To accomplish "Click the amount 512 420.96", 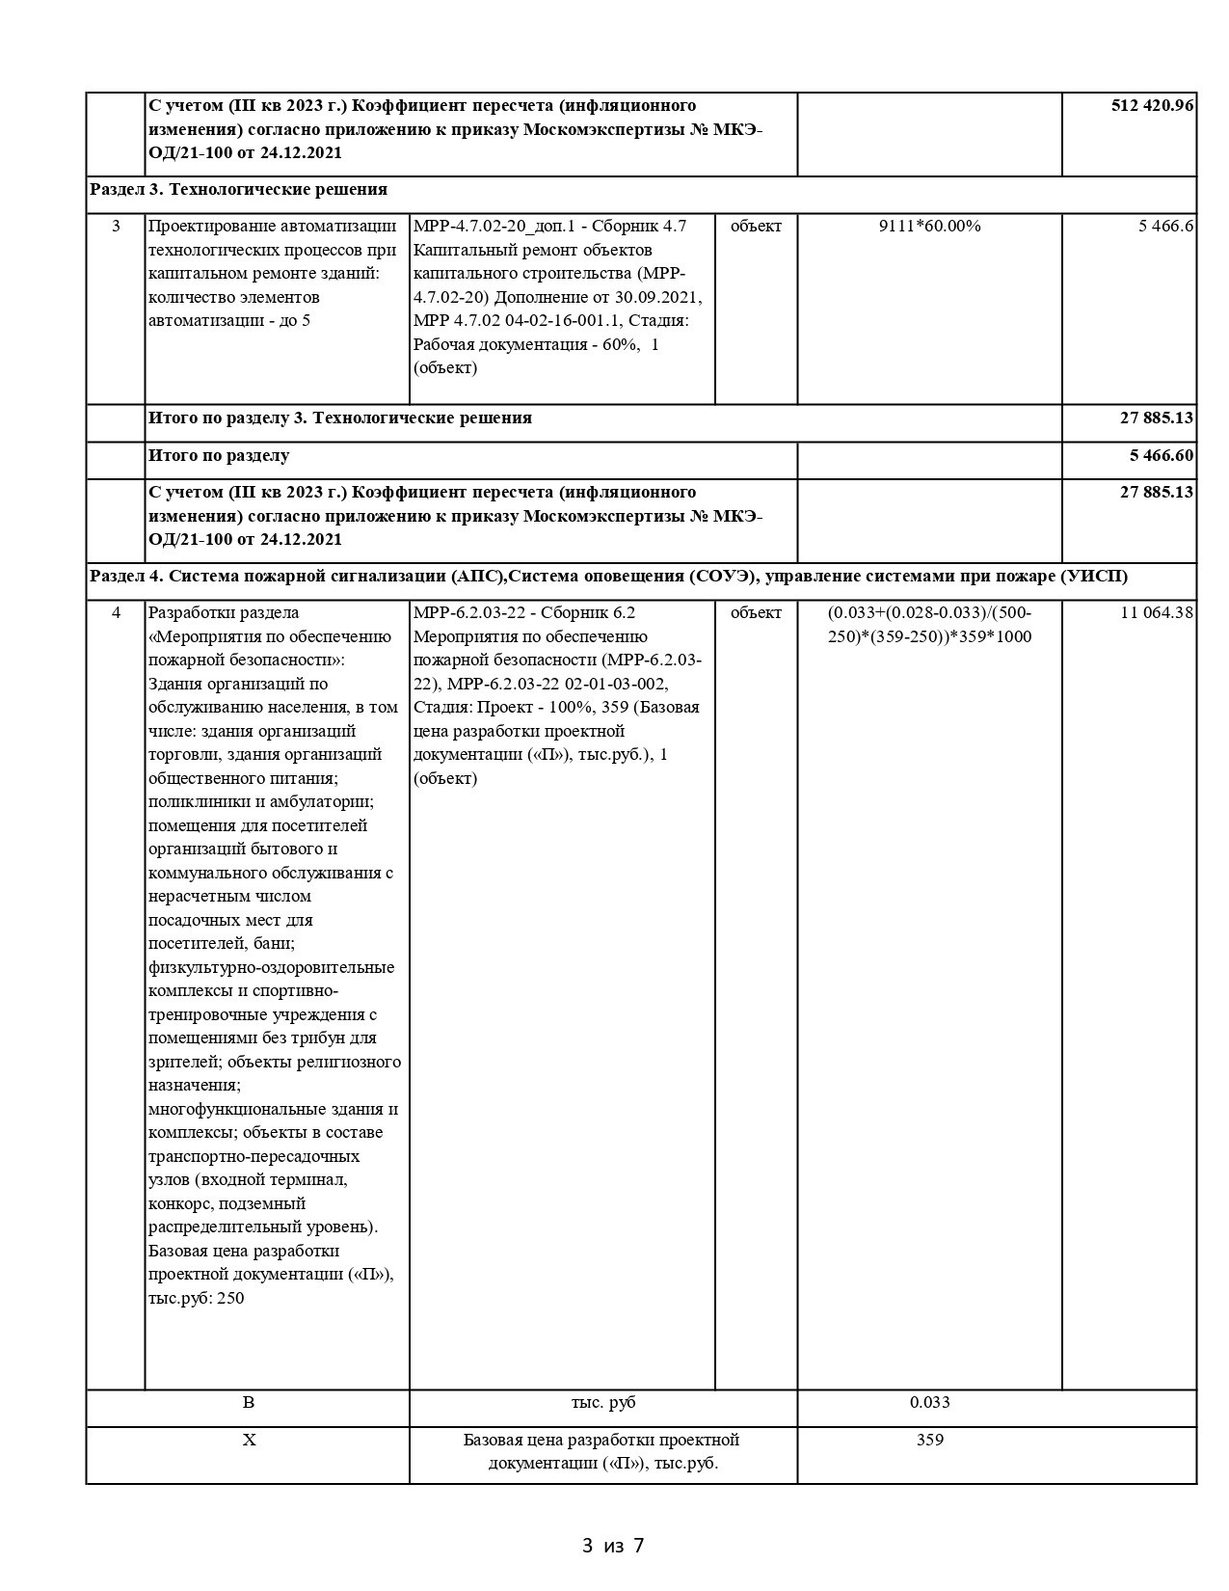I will click(1153, 105).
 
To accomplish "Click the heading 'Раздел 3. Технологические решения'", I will click(238, 189).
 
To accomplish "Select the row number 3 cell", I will click(116, 227).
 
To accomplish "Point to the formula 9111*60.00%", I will click(929, 227).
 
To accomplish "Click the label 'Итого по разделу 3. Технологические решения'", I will click(340, 418).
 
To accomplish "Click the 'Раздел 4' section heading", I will click(608, 576).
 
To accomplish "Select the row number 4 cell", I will click(116, 613).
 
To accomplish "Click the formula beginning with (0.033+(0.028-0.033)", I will click(929, 625).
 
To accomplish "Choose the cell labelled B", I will click(249, 1403).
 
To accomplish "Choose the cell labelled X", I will click(249, 1441).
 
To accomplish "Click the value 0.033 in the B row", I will click(929, 1403).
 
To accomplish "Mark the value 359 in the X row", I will click(929, 1441).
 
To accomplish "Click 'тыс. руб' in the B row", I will click(603, 1403).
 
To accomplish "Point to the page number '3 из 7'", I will click(613, 1547).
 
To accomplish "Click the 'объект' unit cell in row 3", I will click(756, 227).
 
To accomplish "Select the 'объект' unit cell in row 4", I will click(756, 613).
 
